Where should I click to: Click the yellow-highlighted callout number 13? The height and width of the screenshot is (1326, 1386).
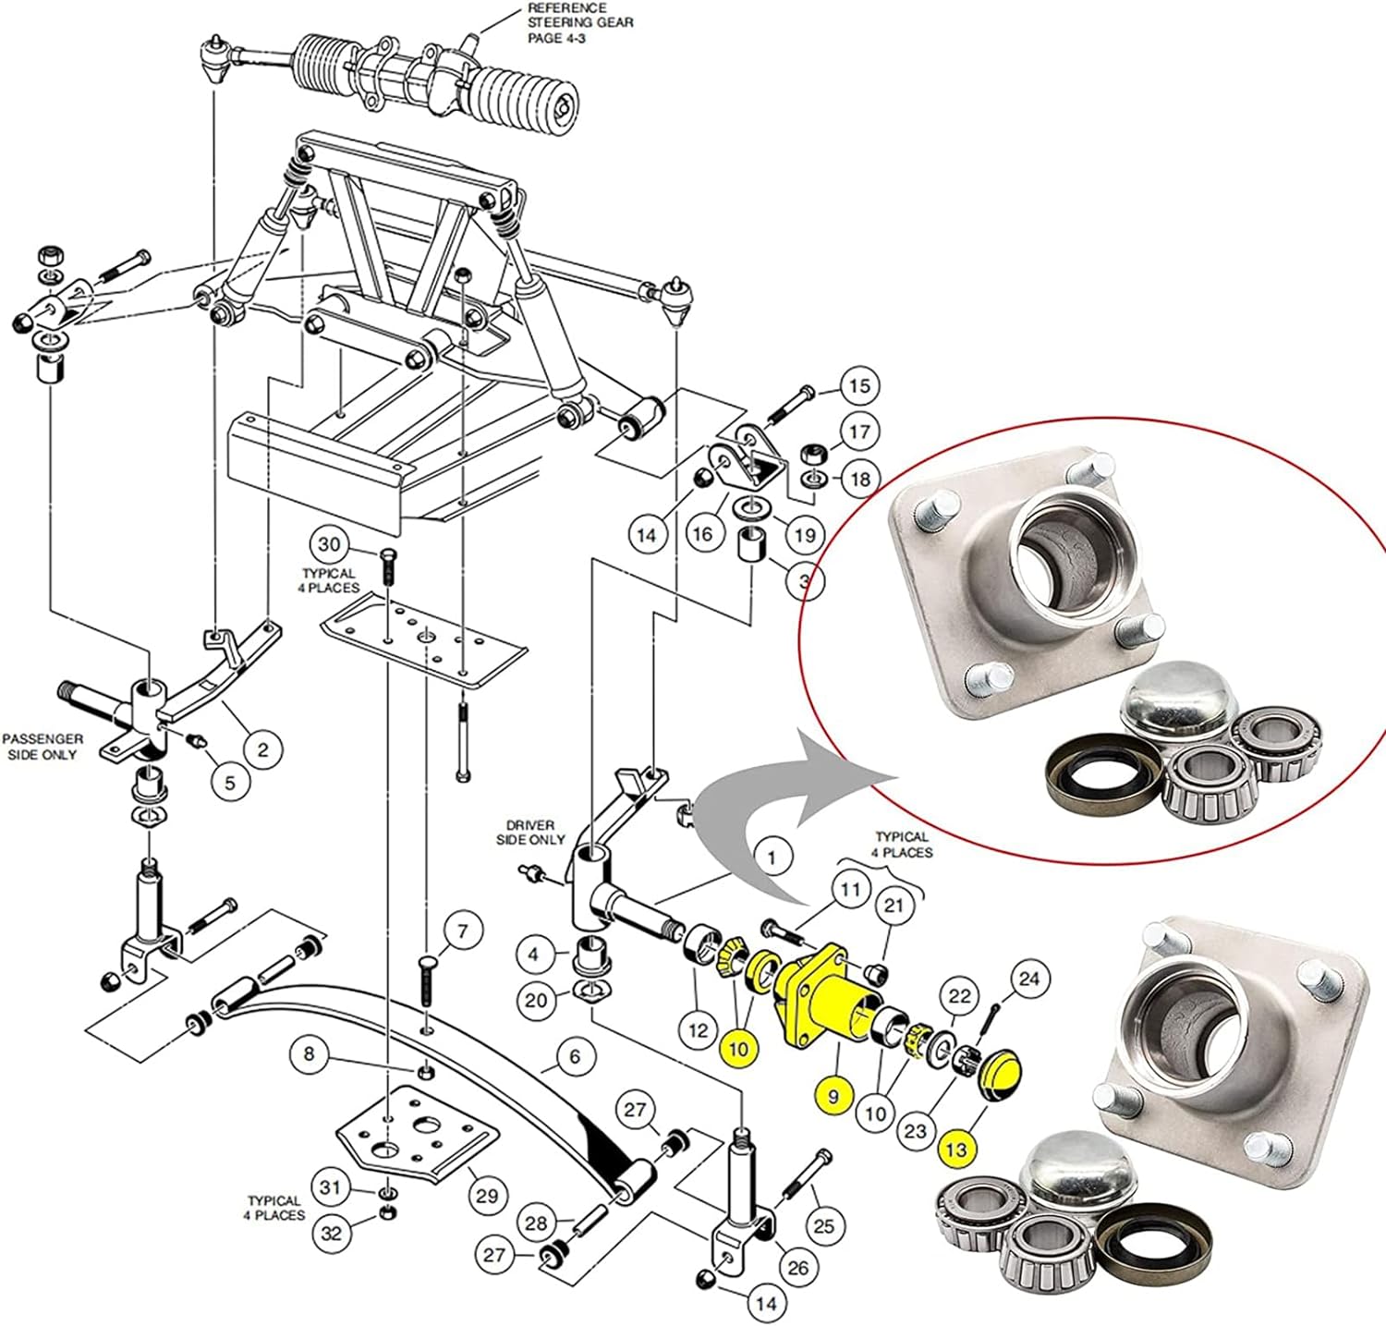tap(956, 1150)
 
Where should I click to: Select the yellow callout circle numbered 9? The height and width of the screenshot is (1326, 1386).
tap(833, 1097)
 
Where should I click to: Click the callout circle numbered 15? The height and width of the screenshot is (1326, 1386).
tap(859, 386)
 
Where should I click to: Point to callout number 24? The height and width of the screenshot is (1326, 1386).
tap(1028, 979)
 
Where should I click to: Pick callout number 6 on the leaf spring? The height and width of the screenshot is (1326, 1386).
tap(575, 1055)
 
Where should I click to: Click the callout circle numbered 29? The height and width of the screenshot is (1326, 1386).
tap(487, 1195)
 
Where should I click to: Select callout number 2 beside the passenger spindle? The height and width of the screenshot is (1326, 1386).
tap(262, 749)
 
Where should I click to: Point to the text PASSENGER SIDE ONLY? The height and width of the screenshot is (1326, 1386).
tap(42, 747)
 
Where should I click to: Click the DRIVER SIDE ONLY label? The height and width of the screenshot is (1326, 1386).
tap(530, 832)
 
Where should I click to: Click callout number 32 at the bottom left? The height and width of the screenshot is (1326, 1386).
tap(331, 1233)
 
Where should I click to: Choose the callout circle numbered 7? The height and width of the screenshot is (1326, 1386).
tap(463, 931)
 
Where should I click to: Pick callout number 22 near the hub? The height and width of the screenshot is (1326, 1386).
tap(960, 996)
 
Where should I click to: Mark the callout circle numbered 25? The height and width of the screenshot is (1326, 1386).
tap(823, 1226)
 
